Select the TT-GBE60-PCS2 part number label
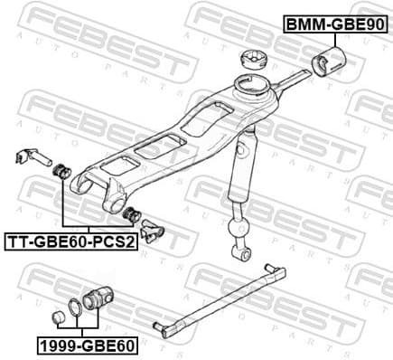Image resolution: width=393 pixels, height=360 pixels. pos(71,242)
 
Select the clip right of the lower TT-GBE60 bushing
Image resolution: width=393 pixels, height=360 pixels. pos(148,229)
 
